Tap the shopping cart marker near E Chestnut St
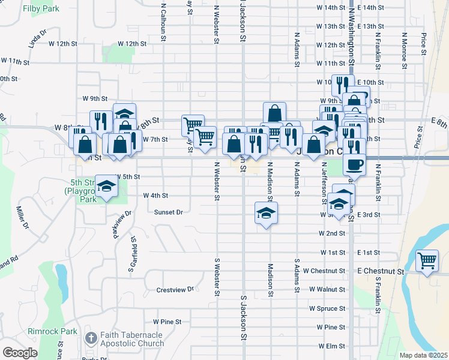[x=427, y=261]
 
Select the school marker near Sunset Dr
[x=267, y=213]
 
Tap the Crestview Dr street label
[x=175, y=290]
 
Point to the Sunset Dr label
[x=168, y=212]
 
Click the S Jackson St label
[x=244, y=318]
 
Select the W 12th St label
[x=132, y=44]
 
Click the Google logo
[x=20, y=353]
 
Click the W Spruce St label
[x=327, y=308]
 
